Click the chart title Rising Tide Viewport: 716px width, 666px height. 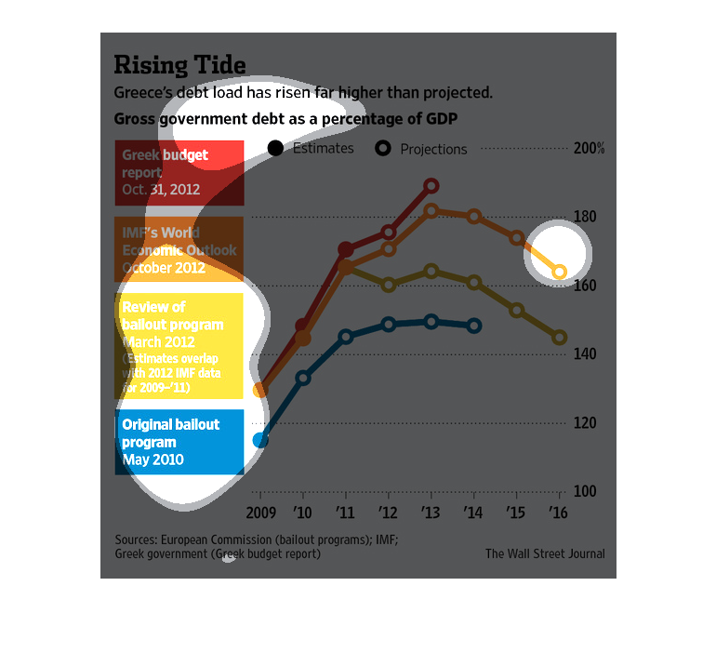pyautogui.click(x=179, y=64)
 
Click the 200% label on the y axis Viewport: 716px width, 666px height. pyautogui.click(x=589, y=149)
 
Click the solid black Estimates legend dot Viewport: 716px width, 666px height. pyautogui.click(x=276, y=148)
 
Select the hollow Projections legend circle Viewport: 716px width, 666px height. pyautogui.click(x=382, y=148)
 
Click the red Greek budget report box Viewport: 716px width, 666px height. pyautogui.click(x=179, y=172)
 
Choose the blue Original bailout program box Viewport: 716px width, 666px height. pyautogui.click(x=179, y=442)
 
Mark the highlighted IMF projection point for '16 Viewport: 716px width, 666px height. pyautogui.click(x=560, y=272)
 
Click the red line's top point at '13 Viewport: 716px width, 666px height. pyautogui.click(x=431, y=186)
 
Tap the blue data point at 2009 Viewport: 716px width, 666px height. pyautogui.click(x=260, y=440)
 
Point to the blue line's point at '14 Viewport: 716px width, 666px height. pyautogui.click(x=474, y=326)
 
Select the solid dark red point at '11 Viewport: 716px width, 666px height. pyautogui.click(x=346, y=249)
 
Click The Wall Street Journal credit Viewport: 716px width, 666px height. pyautogui.click(x=545, y=553)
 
